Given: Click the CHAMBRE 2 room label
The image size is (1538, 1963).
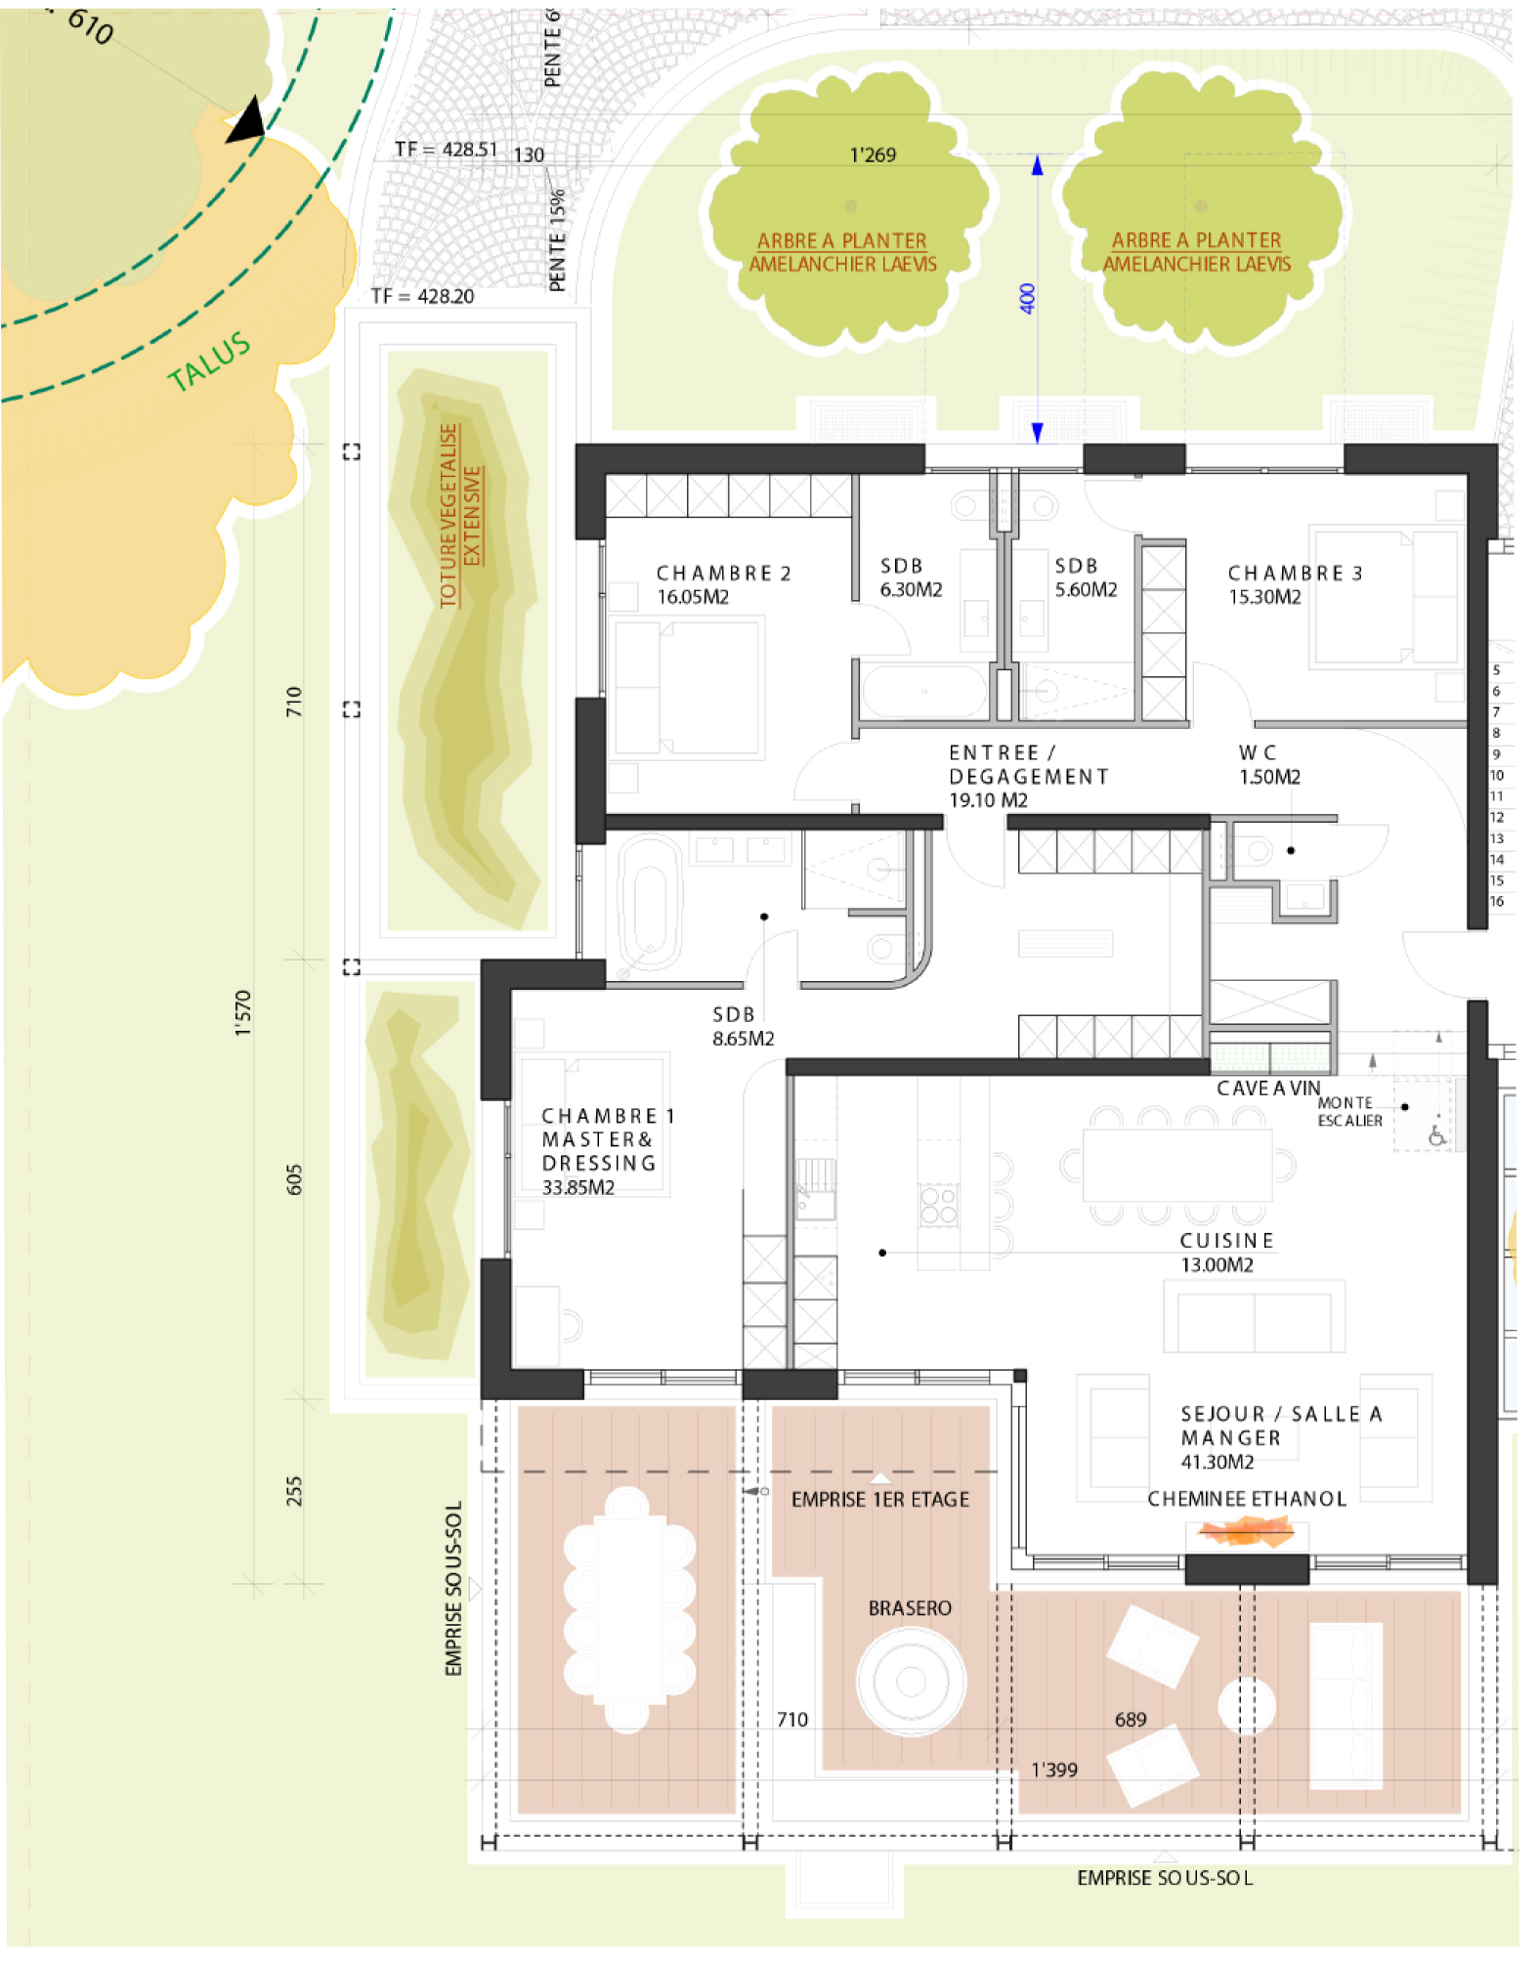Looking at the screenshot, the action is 723,574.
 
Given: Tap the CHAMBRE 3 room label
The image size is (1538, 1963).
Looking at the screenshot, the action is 1295,574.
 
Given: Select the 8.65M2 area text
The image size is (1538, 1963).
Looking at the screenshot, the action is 743,1039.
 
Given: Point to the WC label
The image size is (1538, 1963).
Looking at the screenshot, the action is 1258,752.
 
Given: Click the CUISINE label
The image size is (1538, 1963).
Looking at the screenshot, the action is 1226,1241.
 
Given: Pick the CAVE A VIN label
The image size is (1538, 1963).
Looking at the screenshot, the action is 1268,1088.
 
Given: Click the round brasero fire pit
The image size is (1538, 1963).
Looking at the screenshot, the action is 911,1682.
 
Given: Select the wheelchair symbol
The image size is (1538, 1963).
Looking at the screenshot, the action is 1436,1135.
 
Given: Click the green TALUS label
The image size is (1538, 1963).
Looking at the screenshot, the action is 209,362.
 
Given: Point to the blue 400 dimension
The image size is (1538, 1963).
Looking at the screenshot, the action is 1026,298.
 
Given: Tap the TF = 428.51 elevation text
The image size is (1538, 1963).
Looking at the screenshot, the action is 446,149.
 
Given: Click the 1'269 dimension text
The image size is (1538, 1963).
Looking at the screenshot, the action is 873,154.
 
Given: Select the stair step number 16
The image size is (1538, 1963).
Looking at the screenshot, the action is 1497,902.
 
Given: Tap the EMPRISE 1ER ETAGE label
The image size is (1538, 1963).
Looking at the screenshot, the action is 880,1500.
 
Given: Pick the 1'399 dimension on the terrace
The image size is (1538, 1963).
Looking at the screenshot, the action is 1054,1770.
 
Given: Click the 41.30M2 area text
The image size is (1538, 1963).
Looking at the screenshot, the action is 1218,1462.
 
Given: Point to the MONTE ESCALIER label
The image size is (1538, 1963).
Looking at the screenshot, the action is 1349,1112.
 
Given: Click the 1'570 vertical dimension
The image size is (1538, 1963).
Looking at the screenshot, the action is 243,1012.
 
